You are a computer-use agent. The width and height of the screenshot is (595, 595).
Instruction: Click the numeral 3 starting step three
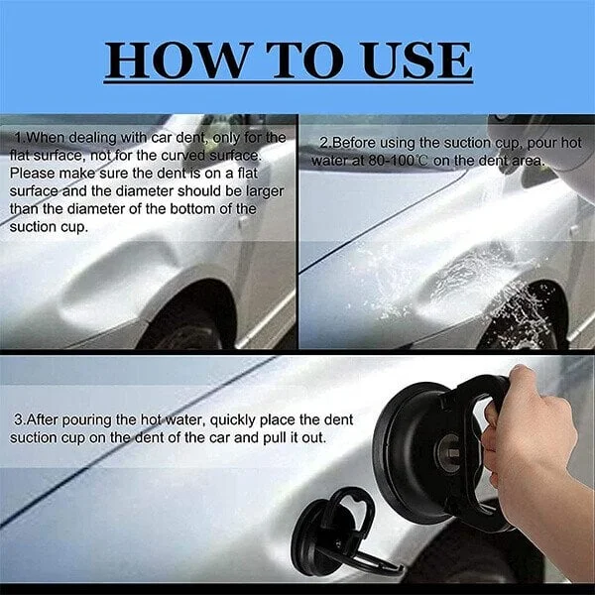(x=17, y=417)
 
